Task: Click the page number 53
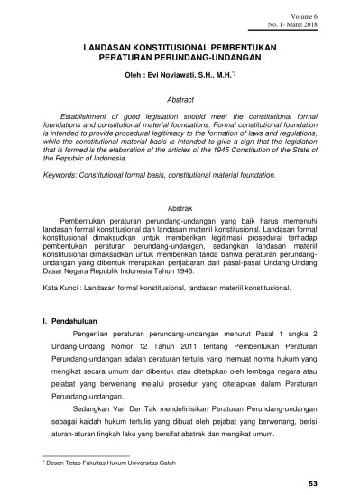pos(337,484)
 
